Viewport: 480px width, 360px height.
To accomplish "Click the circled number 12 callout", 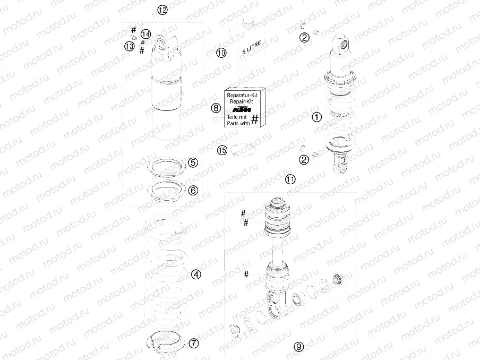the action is pyautogui.click(x=162, y=10).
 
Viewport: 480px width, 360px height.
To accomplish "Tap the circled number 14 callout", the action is pyautogui.click(x=145, y=34).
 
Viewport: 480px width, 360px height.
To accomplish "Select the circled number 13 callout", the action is pyautogui.click(x=130, y=46).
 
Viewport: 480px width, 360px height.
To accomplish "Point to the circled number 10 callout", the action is pyautogui.click(x=221, y=53).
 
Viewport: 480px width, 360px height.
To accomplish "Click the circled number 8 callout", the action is pyautogui.click(x=216, y=108).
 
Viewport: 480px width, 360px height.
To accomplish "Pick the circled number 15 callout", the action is pyautogui.click(x=222, y=150).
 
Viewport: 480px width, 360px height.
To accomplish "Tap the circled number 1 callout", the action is pyautogui.click(x=317, y=117).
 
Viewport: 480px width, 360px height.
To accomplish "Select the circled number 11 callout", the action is pyautogui.click(x=290, y=179).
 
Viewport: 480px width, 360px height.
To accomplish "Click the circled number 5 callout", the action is pyautogui.click(x=193, y=162).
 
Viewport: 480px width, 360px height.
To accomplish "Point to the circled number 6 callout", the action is pyautogui.click(x=193, y=191).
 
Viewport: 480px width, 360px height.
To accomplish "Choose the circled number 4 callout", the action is pyautogui.click(x=196, y=275).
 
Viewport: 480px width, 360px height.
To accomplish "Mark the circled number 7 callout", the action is pyautogui.click(x=193, y=343).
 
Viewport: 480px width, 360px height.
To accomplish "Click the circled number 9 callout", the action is pyautogui.click(x=299, y=347).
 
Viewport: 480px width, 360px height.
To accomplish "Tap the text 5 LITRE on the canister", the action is pyautogui.click(x=252, y=48).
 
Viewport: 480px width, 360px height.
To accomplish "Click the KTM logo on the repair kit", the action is pyautogui.click(x=242, y=109).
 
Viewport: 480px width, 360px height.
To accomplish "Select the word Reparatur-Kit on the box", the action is pyautogui.click(x=242, y=95).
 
